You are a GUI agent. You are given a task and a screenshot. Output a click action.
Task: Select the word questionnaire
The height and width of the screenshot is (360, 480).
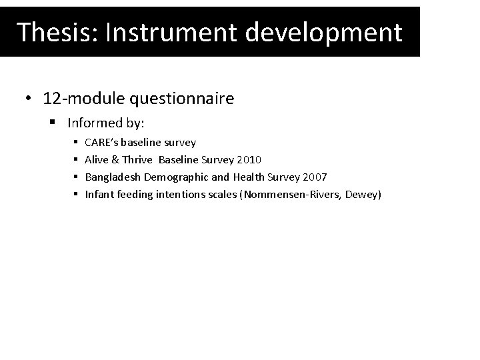tap(189, 99)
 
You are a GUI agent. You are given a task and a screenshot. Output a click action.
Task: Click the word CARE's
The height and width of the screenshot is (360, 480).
tap(103, 143)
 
